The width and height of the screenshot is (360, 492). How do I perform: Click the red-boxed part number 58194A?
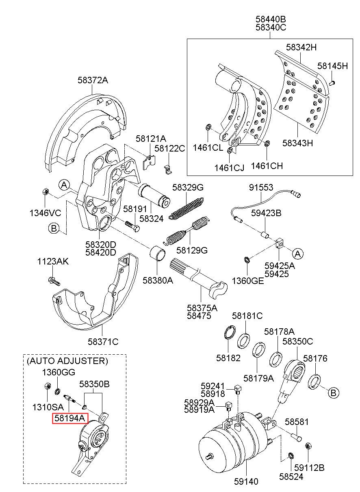click(69, 418)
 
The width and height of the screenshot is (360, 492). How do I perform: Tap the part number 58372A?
click(93, 80)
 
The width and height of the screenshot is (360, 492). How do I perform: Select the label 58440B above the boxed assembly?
click(271, 19)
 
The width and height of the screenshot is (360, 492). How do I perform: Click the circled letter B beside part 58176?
click(333, 393)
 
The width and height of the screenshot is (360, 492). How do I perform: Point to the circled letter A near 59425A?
click(297, 254)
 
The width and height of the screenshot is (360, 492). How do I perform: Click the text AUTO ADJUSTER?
click(67, 361)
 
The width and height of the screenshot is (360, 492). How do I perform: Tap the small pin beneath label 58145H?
click(332, 83)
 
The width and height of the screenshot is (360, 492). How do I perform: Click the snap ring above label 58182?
click(230, 333)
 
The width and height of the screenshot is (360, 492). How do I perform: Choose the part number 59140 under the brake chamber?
click(246, 482)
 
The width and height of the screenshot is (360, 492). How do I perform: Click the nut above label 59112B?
click(308, 446)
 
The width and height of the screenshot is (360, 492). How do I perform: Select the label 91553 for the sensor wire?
click(261, 187)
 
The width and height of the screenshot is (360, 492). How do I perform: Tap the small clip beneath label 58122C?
click(167, 168)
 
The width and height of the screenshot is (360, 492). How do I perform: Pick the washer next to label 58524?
click(291, 455)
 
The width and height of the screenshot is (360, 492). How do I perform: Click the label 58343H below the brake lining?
click(297, 143)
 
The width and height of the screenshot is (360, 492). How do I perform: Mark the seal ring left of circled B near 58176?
click(315, 383)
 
